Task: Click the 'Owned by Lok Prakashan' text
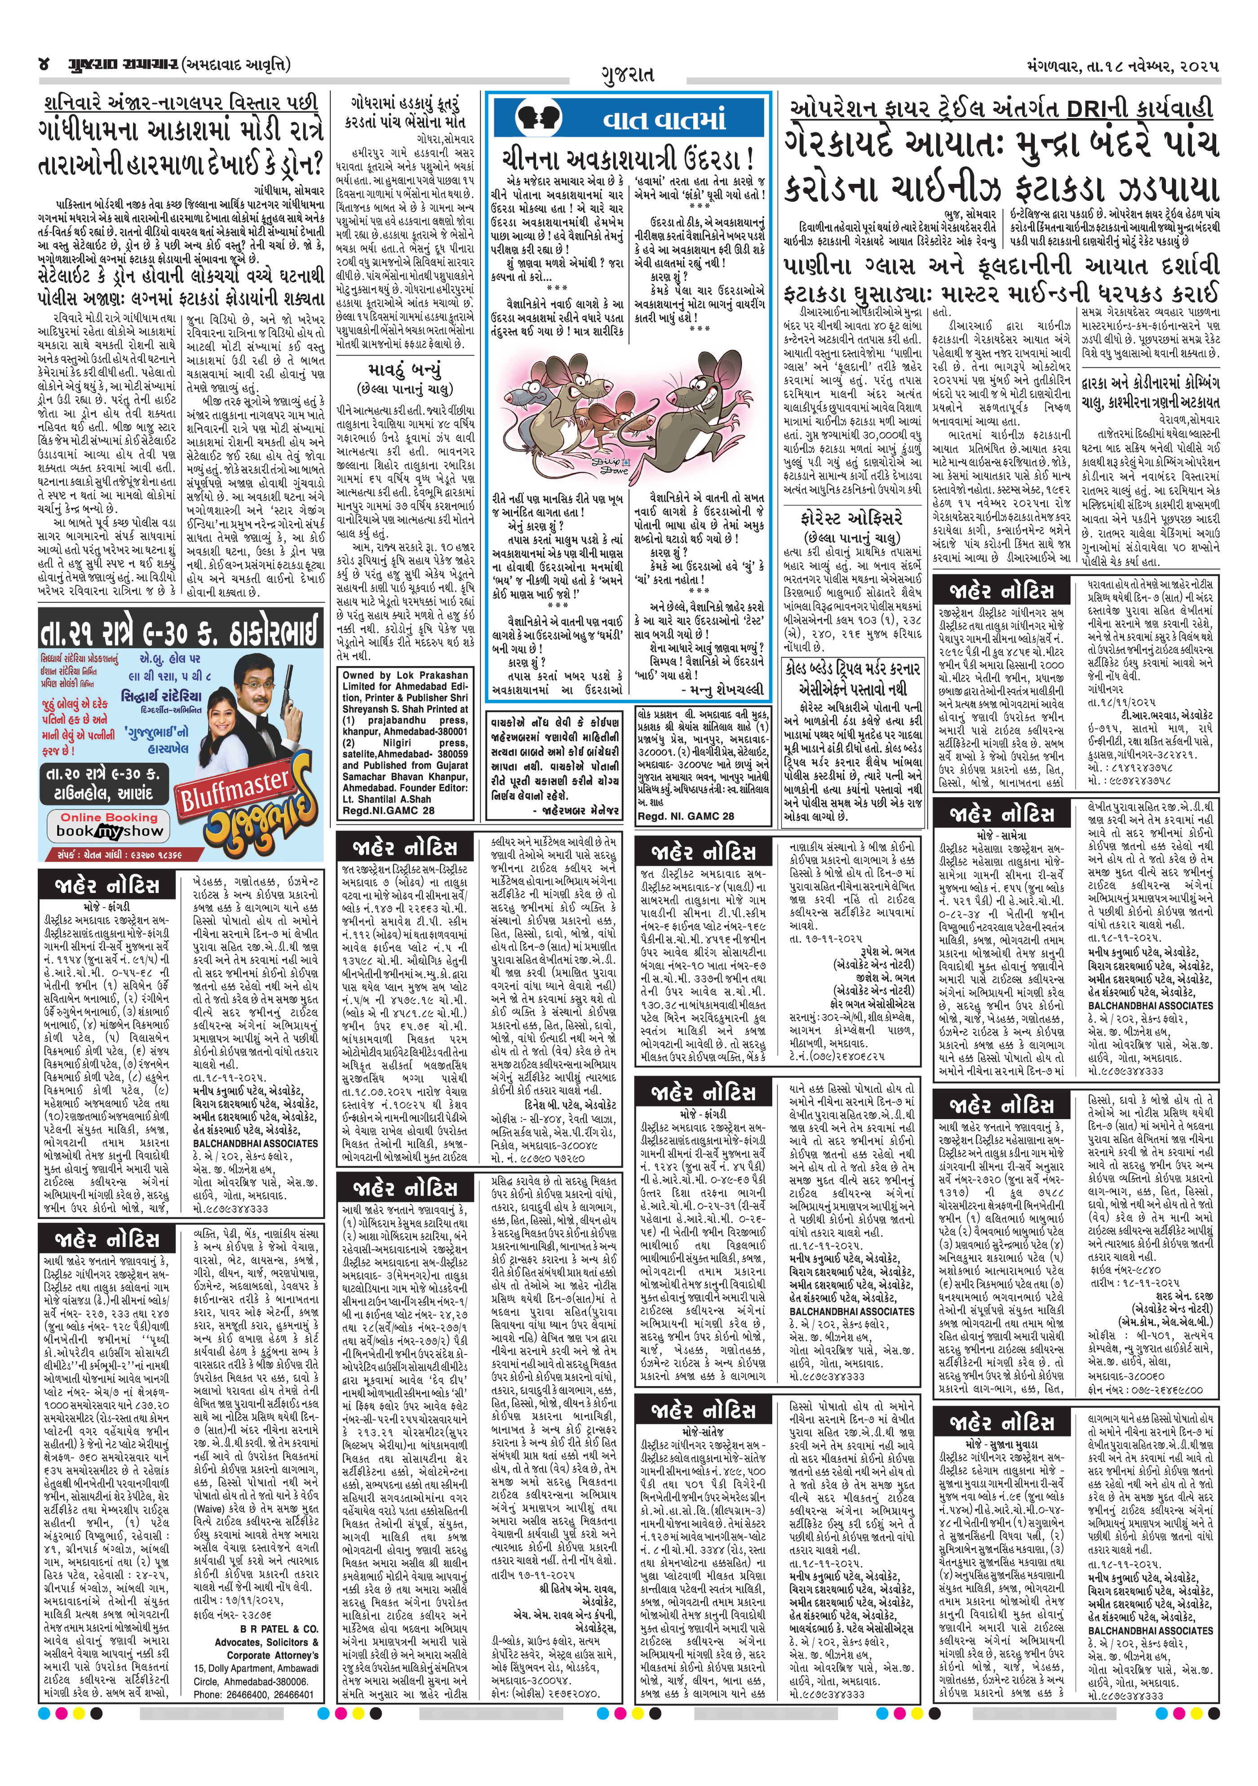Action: (405, 675)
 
